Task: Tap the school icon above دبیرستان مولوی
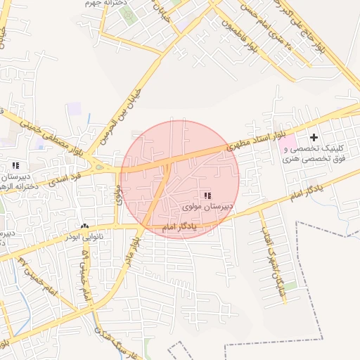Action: (x=207, y=195)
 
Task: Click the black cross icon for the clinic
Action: (x=314, y=136)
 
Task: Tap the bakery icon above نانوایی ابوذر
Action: (x=85, y=226)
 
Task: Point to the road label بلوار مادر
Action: (x=135, y=250)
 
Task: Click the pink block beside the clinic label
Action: (x=287, y=146)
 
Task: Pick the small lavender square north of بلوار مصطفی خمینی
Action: (x=74, y=108)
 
